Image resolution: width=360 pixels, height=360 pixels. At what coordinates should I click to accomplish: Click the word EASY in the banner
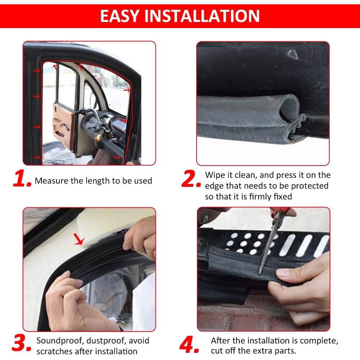(120, 16)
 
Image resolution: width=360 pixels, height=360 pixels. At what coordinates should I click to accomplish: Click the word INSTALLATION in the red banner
(202, 16)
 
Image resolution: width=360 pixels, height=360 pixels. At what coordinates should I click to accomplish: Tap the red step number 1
(22, 179)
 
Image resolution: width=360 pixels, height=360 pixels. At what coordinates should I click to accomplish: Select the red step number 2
(191, 179)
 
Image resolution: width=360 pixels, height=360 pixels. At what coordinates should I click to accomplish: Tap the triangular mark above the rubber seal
(293, 54)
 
